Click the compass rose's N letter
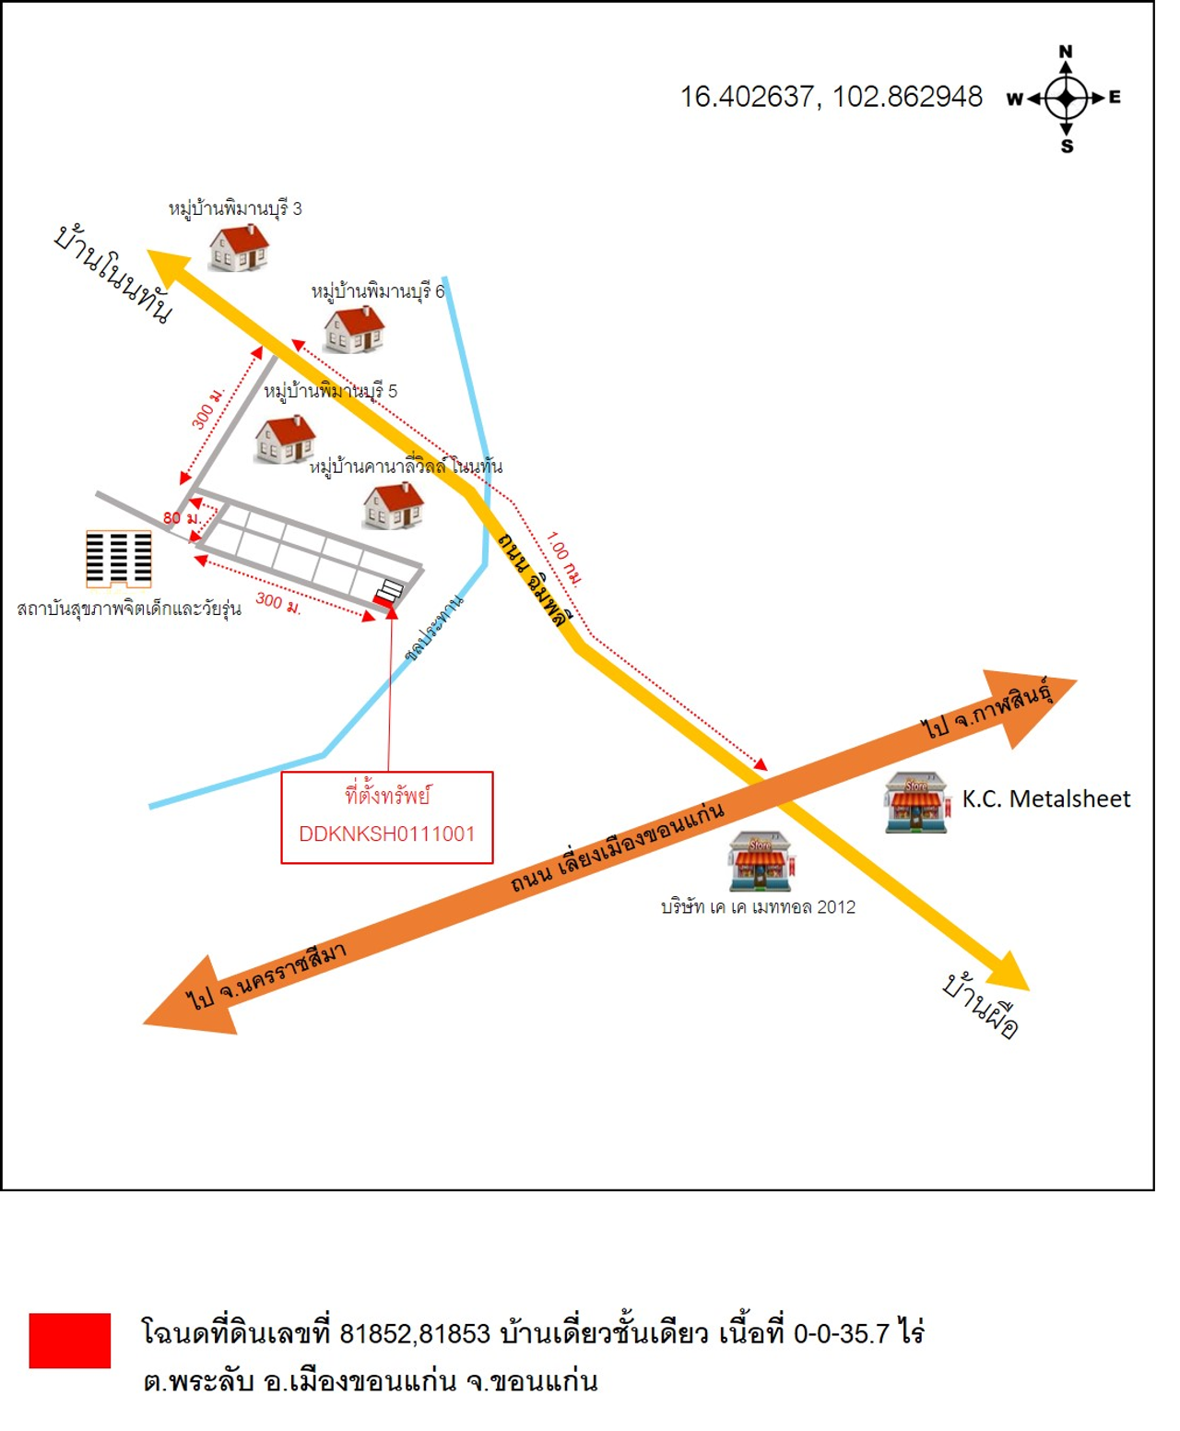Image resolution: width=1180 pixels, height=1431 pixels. pos(1066,52)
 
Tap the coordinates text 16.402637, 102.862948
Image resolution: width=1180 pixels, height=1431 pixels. pos(831,97)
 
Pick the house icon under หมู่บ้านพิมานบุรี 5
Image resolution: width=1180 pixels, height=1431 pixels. pos(285,439)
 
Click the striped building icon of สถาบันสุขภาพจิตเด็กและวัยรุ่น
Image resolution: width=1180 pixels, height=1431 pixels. pos(118,559)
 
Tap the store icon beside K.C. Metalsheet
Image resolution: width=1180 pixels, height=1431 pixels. pos(915,803)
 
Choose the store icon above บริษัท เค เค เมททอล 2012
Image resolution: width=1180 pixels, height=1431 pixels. pos(760,861)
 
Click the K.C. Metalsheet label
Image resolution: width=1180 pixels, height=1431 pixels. pos(1045,798)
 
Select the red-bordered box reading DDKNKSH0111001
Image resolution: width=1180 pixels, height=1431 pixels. pos(387,818)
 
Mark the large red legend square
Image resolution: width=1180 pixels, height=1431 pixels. pos(69,1341)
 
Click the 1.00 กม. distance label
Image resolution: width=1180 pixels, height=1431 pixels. pos(563,558)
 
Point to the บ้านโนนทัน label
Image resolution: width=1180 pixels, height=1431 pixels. pos(113,274)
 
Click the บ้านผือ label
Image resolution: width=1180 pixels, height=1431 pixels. pos(980,1005)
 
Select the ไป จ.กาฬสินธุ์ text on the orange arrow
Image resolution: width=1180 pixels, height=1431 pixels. pos(986,709)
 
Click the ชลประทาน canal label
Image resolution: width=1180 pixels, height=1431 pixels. pos(434,628)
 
